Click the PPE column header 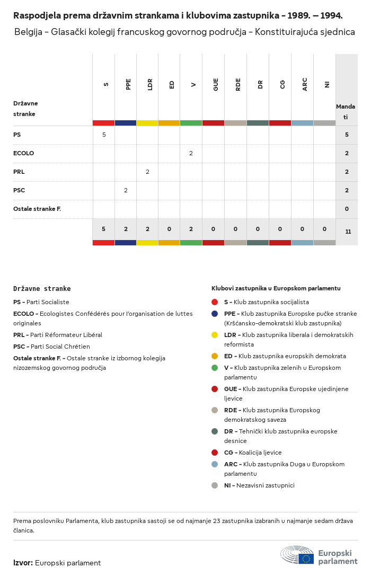[128, 84]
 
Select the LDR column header [151, 84]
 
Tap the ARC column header [305, 84]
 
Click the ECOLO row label [23, 153]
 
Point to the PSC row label [19, 190]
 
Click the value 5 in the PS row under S [104, 135]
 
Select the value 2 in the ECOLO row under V [191, 153]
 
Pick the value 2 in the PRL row [147, 172]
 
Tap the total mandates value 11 [348, 232]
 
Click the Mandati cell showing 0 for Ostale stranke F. [347, 209]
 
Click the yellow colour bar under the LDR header [147, 123]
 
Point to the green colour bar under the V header [191, 123]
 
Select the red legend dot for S [215, 302]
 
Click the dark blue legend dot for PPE [215, 314]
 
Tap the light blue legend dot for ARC [215, 464]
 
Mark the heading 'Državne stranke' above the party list [42, 289]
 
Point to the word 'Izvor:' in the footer [23, 563]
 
